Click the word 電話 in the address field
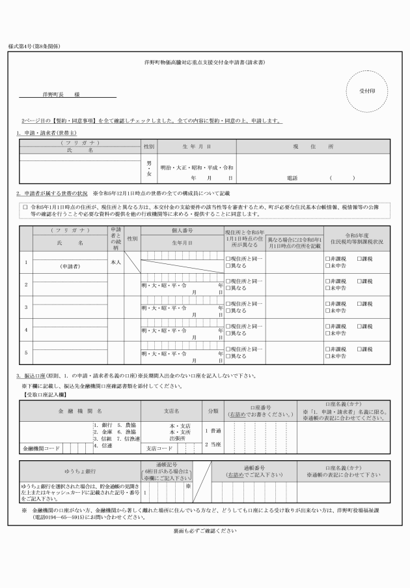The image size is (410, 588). tap(292, 177)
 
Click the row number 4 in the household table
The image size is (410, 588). tap(26, 330)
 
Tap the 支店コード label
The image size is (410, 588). tap(160, 448)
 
